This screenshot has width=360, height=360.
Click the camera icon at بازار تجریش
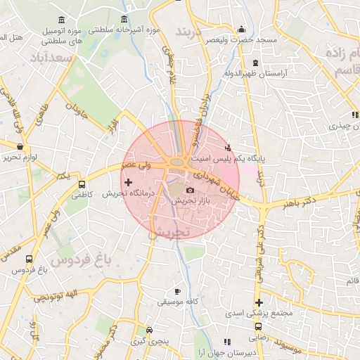190,191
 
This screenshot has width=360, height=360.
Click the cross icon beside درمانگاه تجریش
127,182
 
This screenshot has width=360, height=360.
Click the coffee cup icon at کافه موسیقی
177,291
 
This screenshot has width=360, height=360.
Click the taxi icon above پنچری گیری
149,330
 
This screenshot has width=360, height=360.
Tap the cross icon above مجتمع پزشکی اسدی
259,302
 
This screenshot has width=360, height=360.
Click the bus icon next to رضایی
259,326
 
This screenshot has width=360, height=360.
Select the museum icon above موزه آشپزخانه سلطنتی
124,19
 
